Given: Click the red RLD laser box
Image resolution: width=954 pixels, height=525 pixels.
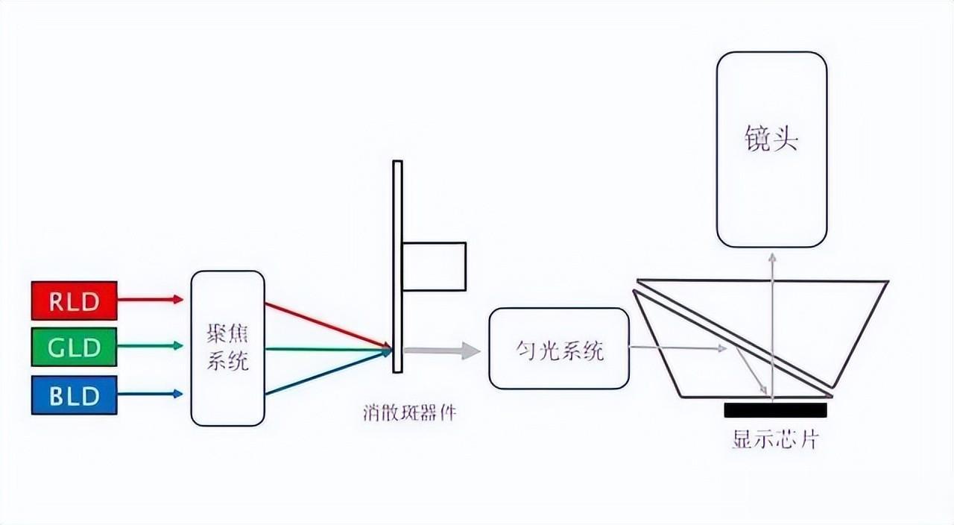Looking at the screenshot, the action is pos(74,301).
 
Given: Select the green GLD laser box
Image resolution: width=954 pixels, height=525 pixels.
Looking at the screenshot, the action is pos(74,347).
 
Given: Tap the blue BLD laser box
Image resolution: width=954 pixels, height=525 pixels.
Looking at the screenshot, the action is pos(74,395).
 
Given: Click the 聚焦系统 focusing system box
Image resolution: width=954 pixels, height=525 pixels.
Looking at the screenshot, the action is pos(227,348).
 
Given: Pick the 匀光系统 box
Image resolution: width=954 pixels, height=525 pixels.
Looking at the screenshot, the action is pos(559,348).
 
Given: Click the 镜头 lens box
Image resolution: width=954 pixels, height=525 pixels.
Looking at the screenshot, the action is pos(771,150).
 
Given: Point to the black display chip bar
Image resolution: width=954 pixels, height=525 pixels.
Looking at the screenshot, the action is pos(776,410).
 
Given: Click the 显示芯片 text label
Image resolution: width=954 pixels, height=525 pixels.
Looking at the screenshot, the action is pos(776,439).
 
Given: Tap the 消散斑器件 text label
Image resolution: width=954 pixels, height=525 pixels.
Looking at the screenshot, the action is pos(410,413).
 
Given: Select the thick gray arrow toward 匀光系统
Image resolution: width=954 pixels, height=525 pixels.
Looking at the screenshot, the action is pos(442,350).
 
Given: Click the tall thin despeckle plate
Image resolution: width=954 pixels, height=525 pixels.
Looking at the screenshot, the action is pos(397,267).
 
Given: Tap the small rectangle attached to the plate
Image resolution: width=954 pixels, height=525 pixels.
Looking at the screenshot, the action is pos(434,267).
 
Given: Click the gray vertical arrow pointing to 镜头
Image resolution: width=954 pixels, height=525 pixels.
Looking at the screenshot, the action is pos(772,327).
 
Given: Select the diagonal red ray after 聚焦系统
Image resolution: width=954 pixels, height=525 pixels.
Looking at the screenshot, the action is pos(328,324).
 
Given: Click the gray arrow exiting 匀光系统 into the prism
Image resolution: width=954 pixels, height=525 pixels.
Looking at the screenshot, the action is pos(677,348).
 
